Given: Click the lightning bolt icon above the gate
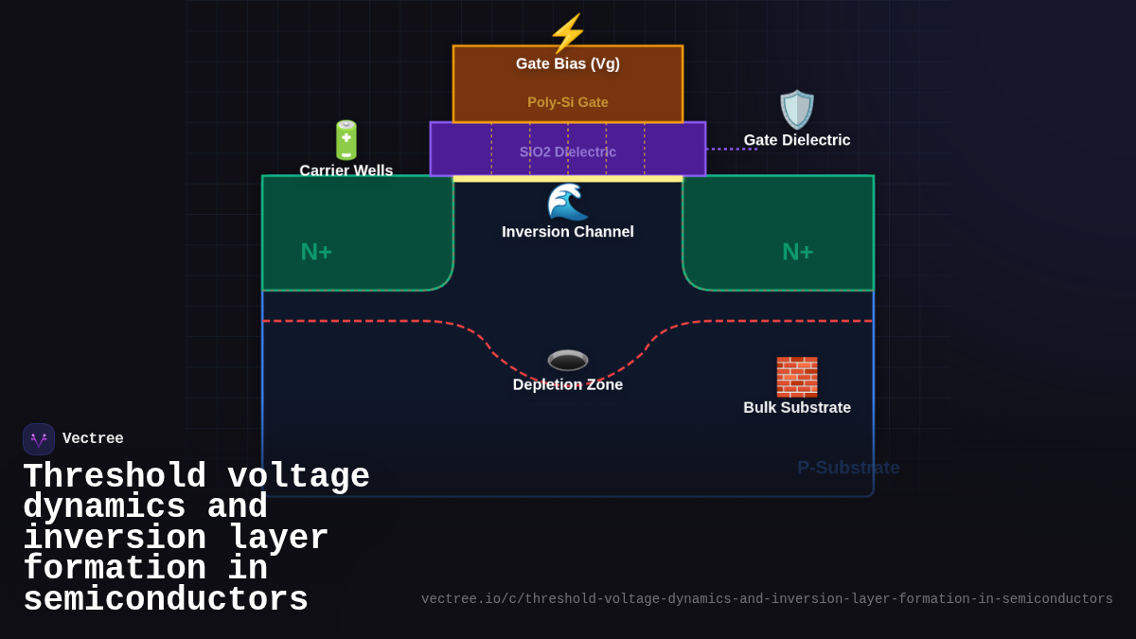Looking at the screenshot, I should click(568, 33).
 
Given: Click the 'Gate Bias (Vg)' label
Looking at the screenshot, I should click(568, 64).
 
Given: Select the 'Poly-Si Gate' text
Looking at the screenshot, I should click(568, 102).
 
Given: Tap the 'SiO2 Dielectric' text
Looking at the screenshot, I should click(568, 151).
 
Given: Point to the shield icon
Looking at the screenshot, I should click(796, 110).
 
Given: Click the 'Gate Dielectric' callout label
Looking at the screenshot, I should click(796, 140).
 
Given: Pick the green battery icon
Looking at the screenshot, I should click(346, 140).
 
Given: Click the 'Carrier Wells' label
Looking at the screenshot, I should click(346, 171).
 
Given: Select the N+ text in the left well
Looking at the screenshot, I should click(316, 252).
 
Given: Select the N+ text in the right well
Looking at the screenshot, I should click(797, 252).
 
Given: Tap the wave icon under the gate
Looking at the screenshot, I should click(568, 202).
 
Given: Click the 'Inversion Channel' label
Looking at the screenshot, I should click(568, 232).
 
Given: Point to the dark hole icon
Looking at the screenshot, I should click(568, 360).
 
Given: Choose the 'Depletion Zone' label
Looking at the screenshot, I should click(568, 385).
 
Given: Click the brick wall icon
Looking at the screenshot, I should click(796, 377).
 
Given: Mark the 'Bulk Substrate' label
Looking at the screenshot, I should click(796, 408).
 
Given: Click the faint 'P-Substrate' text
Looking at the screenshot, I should click(848, 468).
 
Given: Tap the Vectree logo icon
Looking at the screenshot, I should click(39, 439).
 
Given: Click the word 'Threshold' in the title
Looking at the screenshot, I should click(115, 476).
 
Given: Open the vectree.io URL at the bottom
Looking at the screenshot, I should click(767, 599).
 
